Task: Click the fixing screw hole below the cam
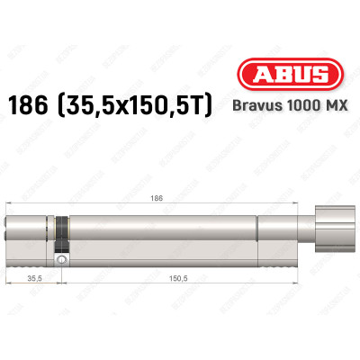[x=60, y=260]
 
